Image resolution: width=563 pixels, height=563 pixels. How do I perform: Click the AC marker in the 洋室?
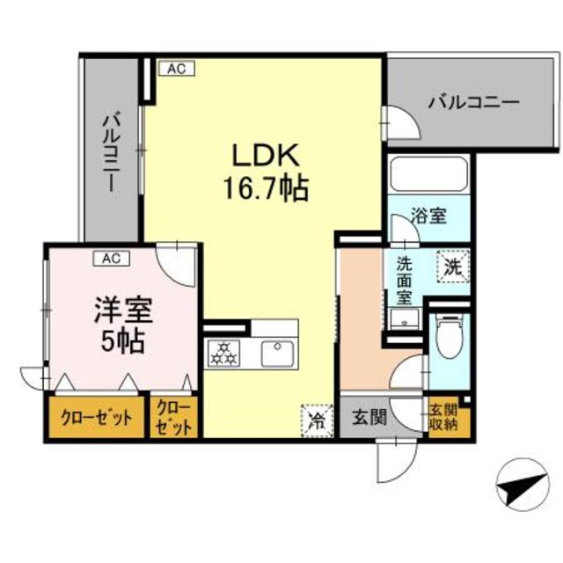[x=111, y=259]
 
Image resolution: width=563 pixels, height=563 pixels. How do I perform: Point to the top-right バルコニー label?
[x=474, y=102]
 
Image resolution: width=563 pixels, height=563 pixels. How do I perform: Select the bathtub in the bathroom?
[x=427, y=176]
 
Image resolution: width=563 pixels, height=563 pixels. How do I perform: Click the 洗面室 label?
[x=404, y=279]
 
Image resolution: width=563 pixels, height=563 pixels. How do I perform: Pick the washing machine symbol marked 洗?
[x=452, y=264]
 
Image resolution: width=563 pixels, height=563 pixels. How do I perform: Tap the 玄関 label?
[x=367, y=417]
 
